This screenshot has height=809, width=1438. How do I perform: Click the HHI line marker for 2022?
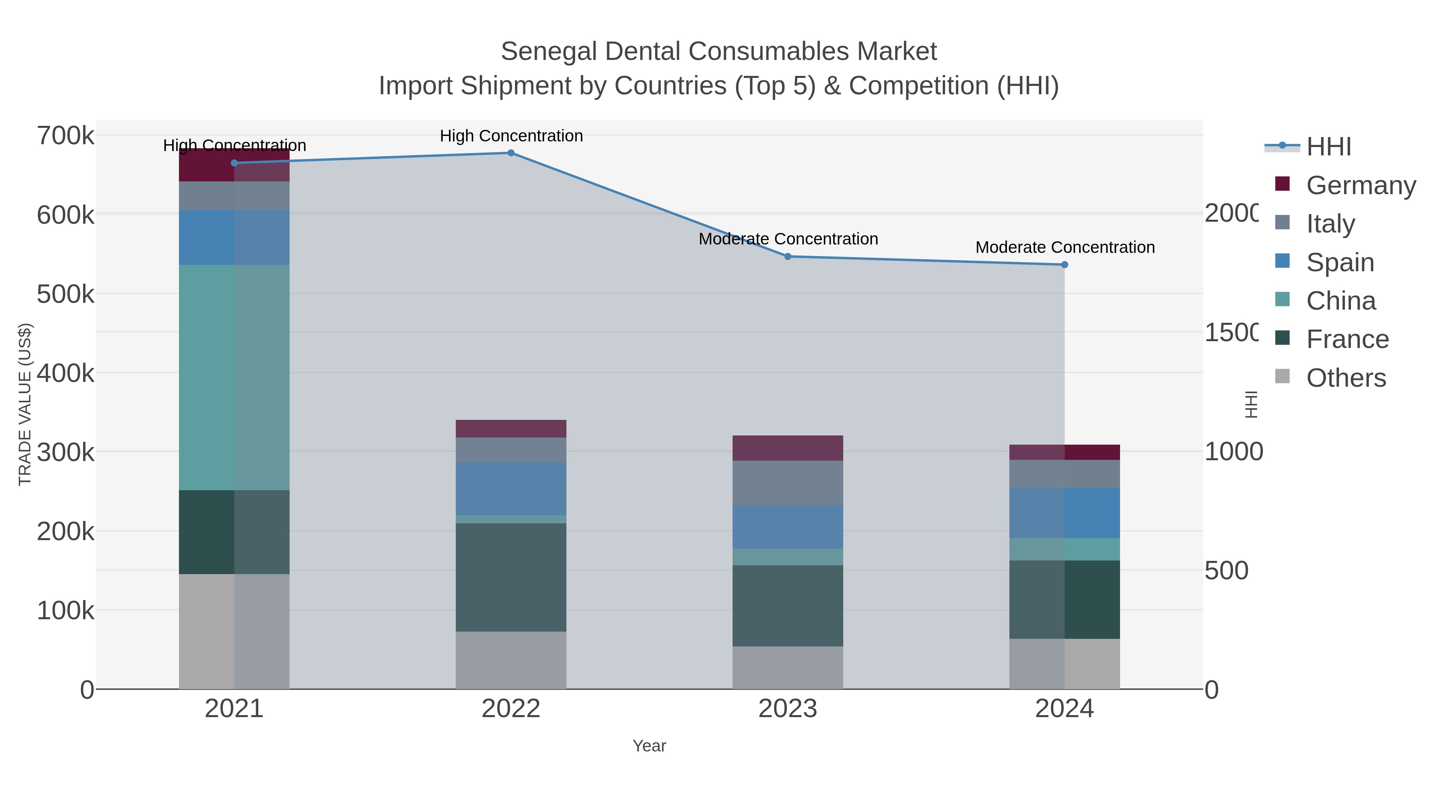click(x=511, y=153)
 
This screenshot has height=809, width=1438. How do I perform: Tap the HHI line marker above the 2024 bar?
click(x=1065, y=264)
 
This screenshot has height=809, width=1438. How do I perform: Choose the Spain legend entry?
click(x=1340, y=262)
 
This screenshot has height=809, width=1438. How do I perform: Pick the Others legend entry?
click(x=1345, y=378)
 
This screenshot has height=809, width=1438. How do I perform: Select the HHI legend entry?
click(x=1329, y=147)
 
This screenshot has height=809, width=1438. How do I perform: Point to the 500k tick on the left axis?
click(x=66, y=294)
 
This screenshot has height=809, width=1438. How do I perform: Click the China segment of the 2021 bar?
click(x=234, y=378)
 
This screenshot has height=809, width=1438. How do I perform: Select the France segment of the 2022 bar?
click(x=511, y=577)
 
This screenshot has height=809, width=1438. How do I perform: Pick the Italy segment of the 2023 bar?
click(x=788, y=483)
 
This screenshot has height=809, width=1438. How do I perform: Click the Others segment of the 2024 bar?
click(x=1065, y=664)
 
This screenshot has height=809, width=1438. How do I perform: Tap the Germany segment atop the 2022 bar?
click(x=511, y=429)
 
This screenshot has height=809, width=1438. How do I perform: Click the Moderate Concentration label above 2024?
click(x=1065, y=247)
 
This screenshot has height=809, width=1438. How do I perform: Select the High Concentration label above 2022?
click(x=511, y=136)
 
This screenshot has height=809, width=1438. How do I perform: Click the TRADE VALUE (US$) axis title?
click(x=24, y=404)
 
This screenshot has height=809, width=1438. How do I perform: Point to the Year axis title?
click(x=649, y=746)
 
